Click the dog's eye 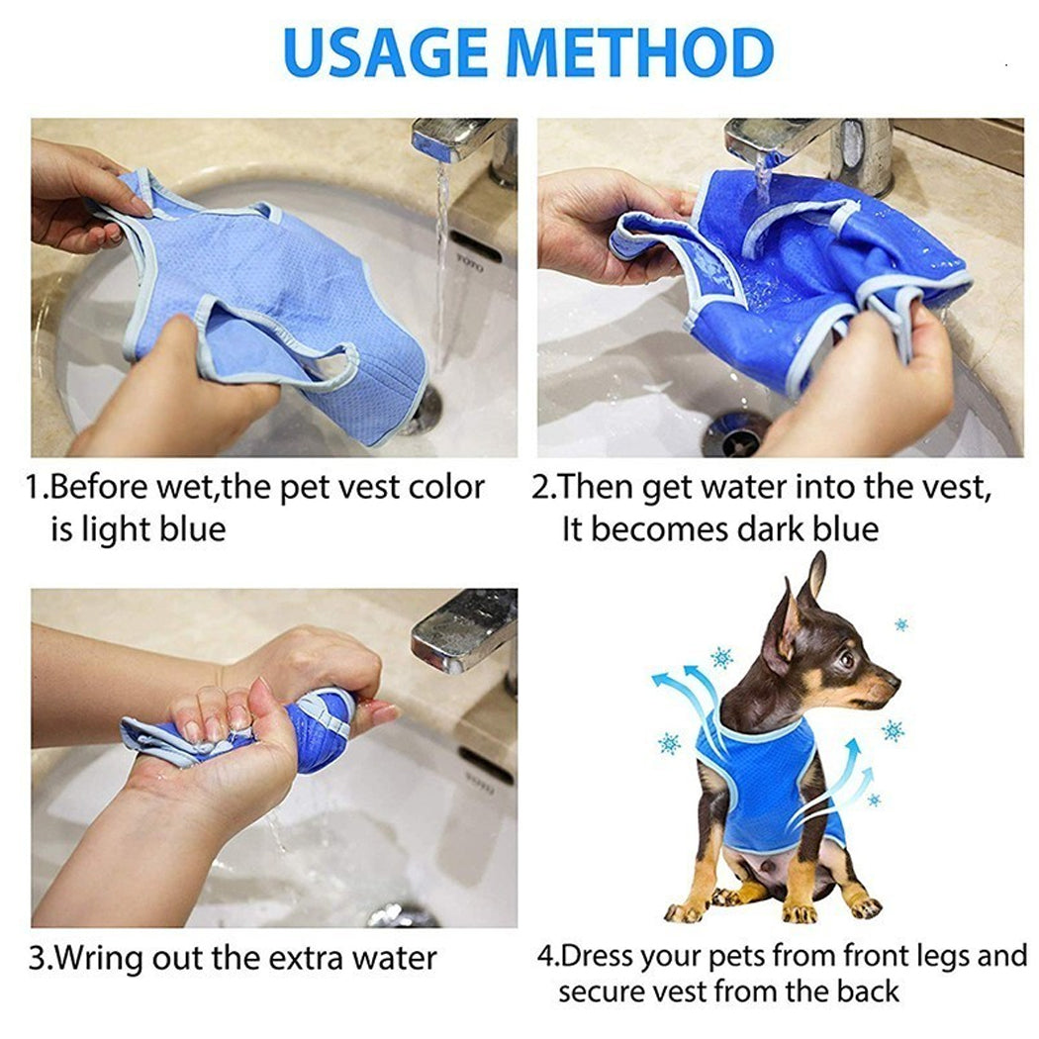coord(847,658)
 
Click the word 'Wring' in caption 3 coord(102,958)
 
